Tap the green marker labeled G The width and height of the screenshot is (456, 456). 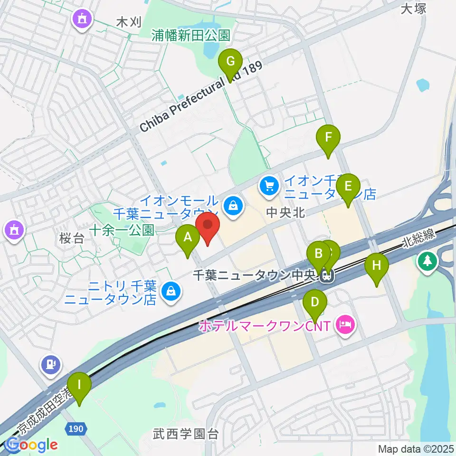[230, 62]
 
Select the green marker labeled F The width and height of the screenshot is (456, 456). [328, 138]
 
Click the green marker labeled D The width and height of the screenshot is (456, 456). [315, 303]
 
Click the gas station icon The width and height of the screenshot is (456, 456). [51, 364]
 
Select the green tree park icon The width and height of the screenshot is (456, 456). [427, 261]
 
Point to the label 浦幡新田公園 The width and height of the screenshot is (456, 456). [191, 35]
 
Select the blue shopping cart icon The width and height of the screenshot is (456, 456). [269, 184]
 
